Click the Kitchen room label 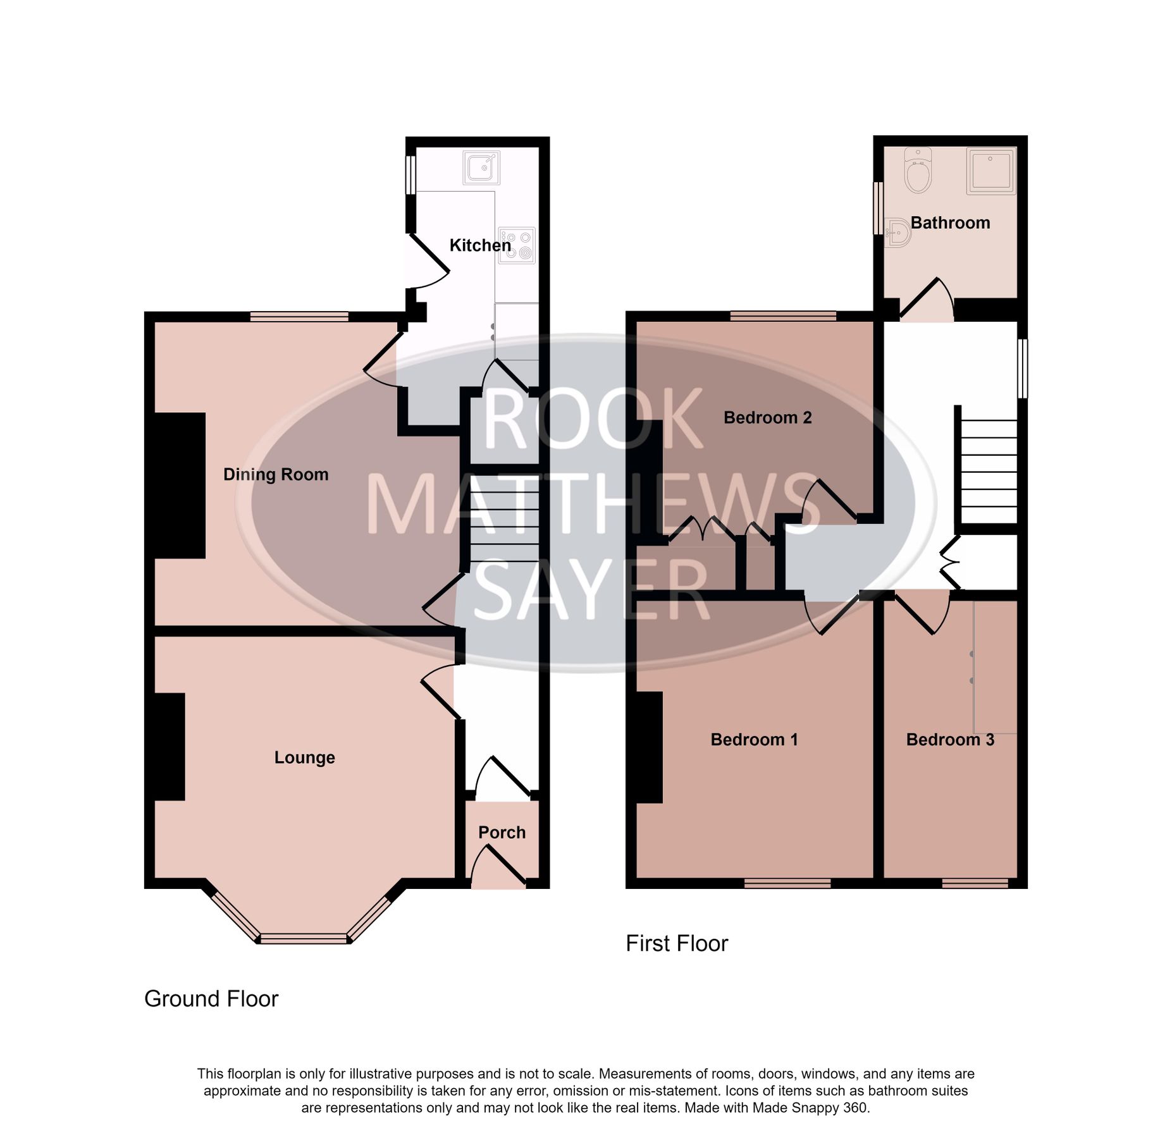point(479,245)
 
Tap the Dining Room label point(276,474)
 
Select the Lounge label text point(304,757)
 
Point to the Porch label point(502,832)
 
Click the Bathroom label point(950,223)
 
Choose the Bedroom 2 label point(767,417)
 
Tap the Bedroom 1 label point(754,739)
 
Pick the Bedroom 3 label point(950,739)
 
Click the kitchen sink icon point(481,168)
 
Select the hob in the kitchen point(517,245)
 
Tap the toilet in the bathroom point(918,171)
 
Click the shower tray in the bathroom point(990,171)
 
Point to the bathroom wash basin point(897,233)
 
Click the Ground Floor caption point(211,998)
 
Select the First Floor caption point(677,943)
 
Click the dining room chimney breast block point(180,485)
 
